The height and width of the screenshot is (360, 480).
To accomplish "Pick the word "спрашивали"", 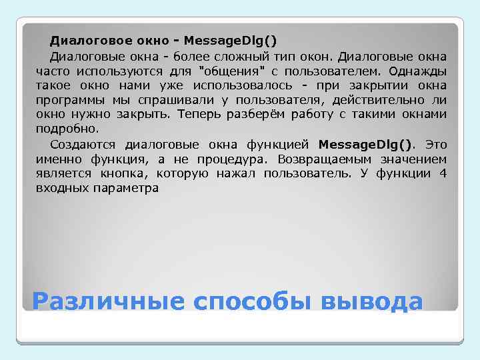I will click(164, 101).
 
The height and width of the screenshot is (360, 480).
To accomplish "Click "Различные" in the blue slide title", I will click(107, 301).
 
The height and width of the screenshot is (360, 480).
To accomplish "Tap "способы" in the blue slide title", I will click(252, 301).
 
